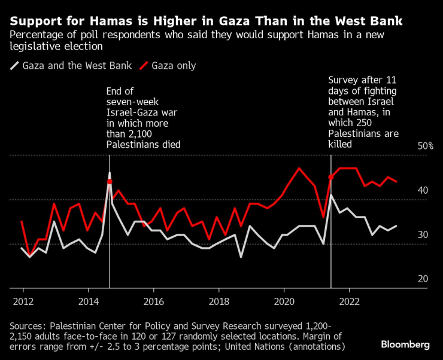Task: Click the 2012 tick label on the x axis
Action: tap(23, 301)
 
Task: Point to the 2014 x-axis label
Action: tap(89, 301)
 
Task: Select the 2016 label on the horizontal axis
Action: tap(154, 301)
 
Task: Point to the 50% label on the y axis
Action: tap(426, 146)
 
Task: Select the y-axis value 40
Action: tap(423, 190)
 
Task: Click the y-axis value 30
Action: tap(423, 234)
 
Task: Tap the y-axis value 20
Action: tap(423, 279)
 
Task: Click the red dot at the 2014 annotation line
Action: tap(110, 181)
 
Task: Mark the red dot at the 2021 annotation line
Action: tap(331, 177)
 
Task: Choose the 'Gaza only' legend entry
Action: tap(168, 66)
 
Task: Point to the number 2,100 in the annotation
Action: tap(140, 133)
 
